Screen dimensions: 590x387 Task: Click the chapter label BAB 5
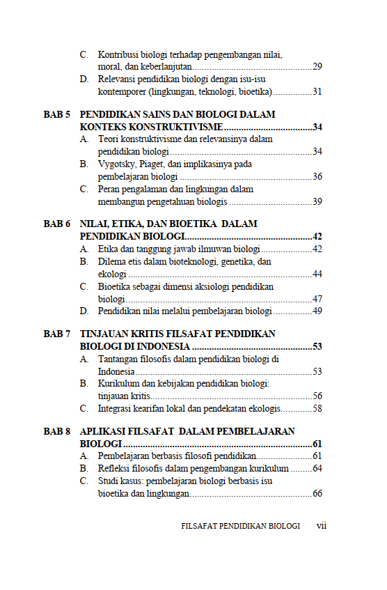tap(57, 114)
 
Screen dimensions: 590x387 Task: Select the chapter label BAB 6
tap(57, 224)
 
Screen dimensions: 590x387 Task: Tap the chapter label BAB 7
tap(57, 334)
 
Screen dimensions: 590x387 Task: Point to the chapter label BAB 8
tap(57, 432)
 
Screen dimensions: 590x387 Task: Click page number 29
tap(317, 67)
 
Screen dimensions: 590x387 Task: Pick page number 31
tap(317, 91)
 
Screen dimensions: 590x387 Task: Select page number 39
tap(317, 201)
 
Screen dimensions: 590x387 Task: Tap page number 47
tap(317, 299)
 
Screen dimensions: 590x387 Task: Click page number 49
tap(317, 311)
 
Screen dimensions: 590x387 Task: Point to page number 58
tap(317, 408)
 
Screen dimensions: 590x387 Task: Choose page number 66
tap(317, 494)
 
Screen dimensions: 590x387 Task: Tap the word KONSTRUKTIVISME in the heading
tap(177, 127)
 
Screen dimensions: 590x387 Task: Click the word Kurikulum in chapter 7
tap(118, 384)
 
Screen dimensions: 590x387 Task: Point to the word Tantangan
tap(120, 359)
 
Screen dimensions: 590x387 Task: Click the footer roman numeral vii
tap(322, 526)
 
